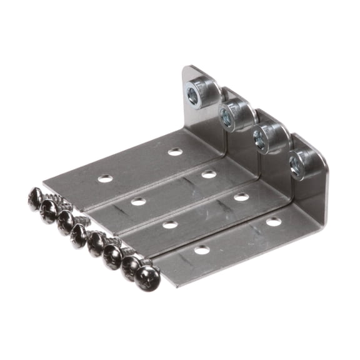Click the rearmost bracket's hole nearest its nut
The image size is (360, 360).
click(x=175, y=151)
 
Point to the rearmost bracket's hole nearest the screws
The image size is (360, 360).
click(x=105, y=179)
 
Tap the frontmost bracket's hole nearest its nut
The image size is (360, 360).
click(x=273, y=221)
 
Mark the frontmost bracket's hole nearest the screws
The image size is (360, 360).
click(x=201, y=250)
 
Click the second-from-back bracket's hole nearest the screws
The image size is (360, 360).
click(x=137, y=201)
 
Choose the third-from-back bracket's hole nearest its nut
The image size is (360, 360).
click(x=241, y=197)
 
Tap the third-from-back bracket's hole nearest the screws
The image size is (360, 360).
click(x=169, y=224)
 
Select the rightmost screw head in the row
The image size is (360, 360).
click(x=147, y=277)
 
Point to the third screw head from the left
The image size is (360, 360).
click(x=64, y=222)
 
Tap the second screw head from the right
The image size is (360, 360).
click(x=129, y=266)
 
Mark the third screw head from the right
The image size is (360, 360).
click(x=112, y=254)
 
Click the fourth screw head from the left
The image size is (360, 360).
click(x=79, y=234)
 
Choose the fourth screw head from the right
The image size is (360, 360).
click(x=96, y=243)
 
